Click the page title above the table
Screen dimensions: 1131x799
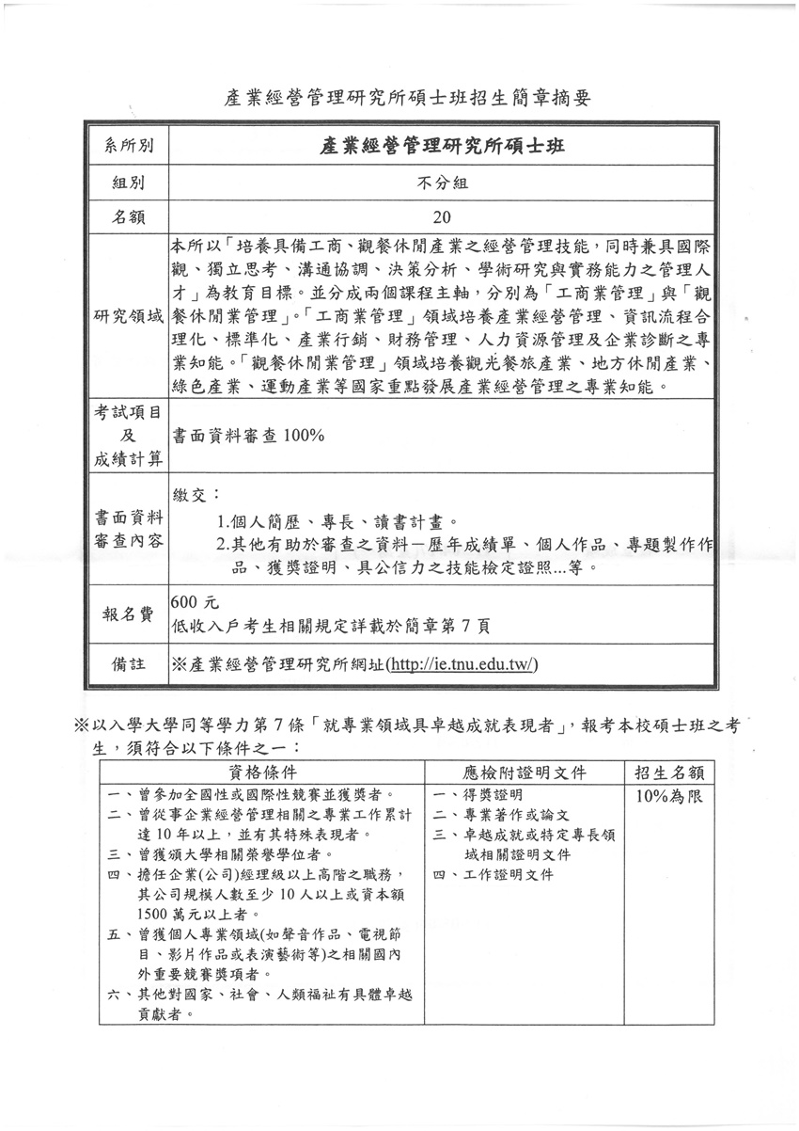(408, 97)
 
